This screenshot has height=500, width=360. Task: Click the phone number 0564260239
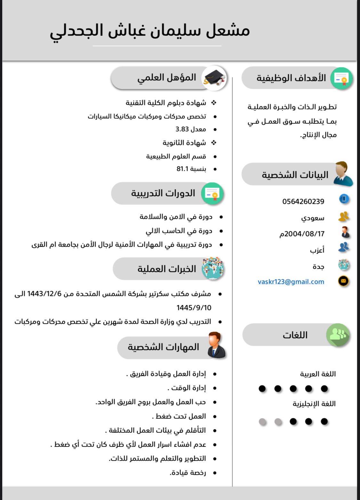pyautogui.click(x=303, y=202)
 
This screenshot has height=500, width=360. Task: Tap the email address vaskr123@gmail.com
pyautogui.click(x=291, y=282)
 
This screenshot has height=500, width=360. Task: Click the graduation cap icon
pyautogui.click(x=215, y=78)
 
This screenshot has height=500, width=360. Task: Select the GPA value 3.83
pyautogui.click(x=182, y=129)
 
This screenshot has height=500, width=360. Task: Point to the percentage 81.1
pyautogui.click(x=183, y=169)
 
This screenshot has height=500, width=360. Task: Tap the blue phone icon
pyautogui.click(x=344, y=199)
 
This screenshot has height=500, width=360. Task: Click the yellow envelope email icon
pyautogui.click(x=343, y=281)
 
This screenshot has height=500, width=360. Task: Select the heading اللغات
pyautogui.click(x=295, y=335)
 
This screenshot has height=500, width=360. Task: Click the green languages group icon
pyautogui.click(x=338, y=335)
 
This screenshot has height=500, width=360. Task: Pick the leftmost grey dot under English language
pyautogui.click(x=262, y=422)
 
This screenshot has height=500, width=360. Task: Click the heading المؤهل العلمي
pyautogui.click(x=167, y=78)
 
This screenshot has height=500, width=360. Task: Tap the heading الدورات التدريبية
pyautogui.click(x=163, y=193)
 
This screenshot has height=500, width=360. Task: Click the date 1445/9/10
pyautogui.click(x=194, y=308)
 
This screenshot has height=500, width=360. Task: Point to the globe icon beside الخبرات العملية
pyautogui.click(x=212, y=268)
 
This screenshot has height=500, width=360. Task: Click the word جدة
pyautogui.click(x=318, y=266)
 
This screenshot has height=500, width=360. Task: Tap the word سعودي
pyautogui.click(x=313, y=218)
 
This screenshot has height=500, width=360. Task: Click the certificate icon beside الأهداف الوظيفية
pyautogui.click(x=341, y=78)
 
